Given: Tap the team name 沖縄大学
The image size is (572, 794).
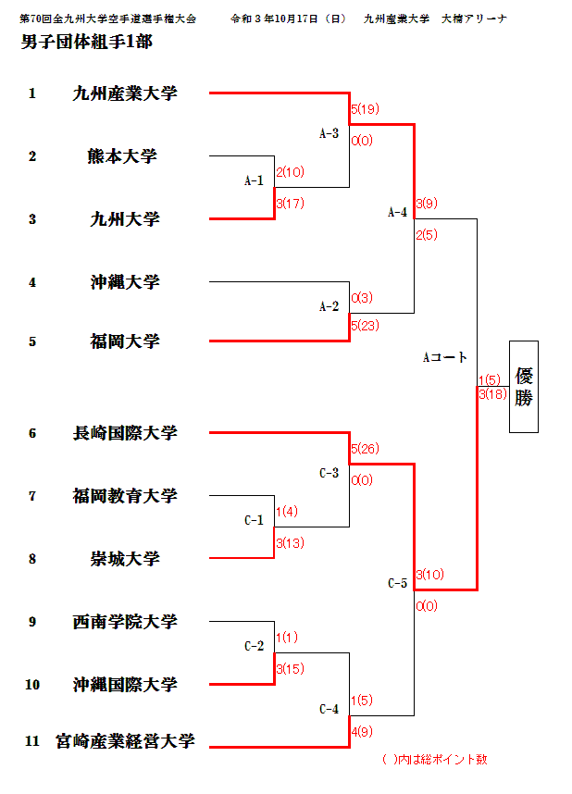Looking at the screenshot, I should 124,281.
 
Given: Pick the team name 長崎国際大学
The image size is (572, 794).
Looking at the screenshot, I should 124,432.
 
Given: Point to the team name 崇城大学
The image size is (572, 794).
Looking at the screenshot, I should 124,558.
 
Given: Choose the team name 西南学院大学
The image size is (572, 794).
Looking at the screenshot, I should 124,621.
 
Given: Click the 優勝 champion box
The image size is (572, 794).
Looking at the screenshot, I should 523,387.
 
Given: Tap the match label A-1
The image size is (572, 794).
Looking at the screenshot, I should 254,181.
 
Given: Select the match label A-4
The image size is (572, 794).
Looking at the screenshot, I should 397,213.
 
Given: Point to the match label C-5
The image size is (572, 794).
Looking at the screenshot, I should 397,583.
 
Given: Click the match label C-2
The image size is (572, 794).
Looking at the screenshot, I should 254,646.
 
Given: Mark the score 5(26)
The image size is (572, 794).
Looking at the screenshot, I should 365,449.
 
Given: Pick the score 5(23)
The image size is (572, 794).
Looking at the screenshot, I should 365,326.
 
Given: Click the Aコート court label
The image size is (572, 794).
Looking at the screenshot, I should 444,357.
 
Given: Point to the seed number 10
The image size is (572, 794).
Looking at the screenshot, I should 32,685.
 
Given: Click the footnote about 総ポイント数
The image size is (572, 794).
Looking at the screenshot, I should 434,760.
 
